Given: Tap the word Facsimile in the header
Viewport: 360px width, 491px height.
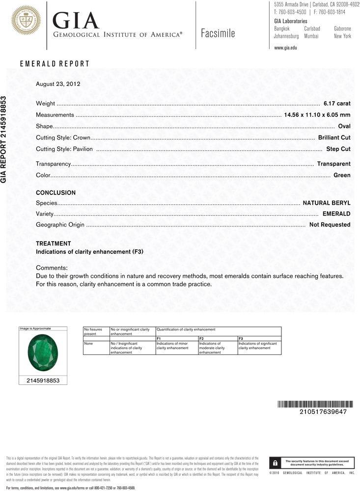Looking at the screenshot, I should [x=218, y=33].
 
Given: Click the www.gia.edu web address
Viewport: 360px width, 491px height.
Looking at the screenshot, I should [x=285, y=48].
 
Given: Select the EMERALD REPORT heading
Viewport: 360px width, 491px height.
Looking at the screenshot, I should [x=55, y=64].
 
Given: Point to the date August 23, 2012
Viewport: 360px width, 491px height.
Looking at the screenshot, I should [x=58, y=84].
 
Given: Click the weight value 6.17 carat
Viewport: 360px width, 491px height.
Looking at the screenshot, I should [x=337, y=104].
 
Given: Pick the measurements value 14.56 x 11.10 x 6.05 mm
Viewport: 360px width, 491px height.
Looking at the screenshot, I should [x=317, y=115].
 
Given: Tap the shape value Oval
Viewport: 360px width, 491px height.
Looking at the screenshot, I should [x=344, y=126].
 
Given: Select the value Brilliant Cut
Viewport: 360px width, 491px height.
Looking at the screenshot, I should [x=334, y=138].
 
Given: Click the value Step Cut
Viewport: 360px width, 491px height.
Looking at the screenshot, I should [x=338, y=149].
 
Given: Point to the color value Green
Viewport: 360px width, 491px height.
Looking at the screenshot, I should [x=342, y=175].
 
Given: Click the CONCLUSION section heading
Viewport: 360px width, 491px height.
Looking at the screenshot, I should [x=56, y=193].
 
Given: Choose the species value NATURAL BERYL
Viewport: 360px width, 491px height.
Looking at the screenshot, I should [x=327, y=203].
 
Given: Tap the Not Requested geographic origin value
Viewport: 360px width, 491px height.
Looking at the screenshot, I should [x=330, y=224].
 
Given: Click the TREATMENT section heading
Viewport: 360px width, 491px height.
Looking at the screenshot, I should [x=54, y=244].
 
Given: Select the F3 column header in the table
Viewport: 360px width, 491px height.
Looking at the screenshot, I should [x=241, y=339].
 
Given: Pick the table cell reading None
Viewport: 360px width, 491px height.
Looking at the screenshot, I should [x=89, y=344].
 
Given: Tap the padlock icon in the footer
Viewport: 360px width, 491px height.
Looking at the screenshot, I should [x=276, y=463].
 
